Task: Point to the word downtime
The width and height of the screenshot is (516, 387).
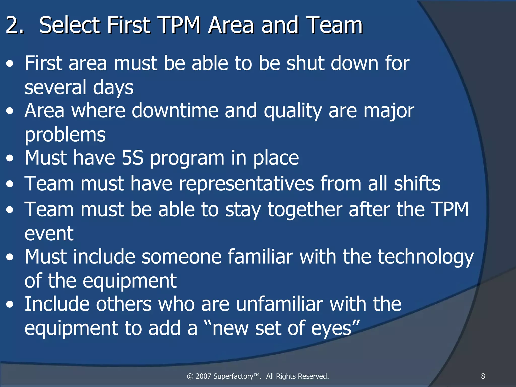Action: pos(175,111)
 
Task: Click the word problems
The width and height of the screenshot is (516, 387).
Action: pos(65,135)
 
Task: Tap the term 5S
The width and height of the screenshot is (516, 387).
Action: pos(132,158)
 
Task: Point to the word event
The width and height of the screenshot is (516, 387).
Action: pos(49,233)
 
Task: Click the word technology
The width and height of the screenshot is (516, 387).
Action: pos(426,257)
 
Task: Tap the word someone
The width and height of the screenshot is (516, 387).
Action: pos(181,257)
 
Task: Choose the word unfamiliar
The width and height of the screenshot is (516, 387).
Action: pos(279,304)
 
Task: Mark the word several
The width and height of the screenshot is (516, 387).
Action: pos(55,87)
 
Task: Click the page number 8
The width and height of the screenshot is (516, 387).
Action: pos(483,376)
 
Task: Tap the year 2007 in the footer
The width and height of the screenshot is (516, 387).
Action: pos(203,376)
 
